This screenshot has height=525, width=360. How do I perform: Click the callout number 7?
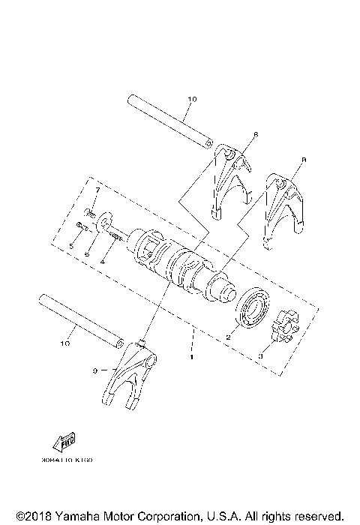(97, 191)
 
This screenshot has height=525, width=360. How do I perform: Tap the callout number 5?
(70, 245)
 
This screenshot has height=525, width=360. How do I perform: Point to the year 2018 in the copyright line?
(32, 516)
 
